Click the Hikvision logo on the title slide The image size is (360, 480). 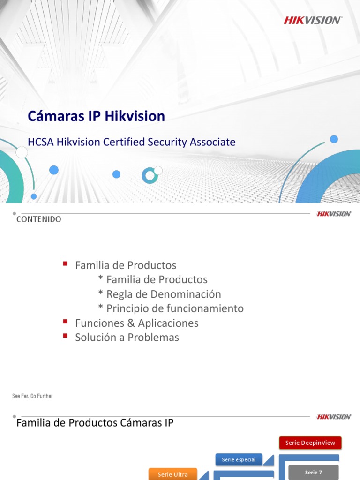point(313,20)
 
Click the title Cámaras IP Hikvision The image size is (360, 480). point(96,116)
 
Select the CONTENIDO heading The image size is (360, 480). point(39,219)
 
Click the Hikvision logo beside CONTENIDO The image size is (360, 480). point(334,214)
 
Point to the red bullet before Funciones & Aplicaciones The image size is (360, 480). point(65,322)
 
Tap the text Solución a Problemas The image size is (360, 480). point(127,337)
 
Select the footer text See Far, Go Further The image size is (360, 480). point(32,396)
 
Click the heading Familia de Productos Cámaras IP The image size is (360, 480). point(95,423)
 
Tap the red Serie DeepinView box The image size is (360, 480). point(310,443)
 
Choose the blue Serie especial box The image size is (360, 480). point(239,459)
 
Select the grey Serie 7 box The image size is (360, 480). point(313,472)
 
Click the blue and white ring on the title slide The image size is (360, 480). point(150,175)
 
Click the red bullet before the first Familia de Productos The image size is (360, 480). point(65,264)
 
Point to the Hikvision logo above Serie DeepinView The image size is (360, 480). point(334,417)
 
